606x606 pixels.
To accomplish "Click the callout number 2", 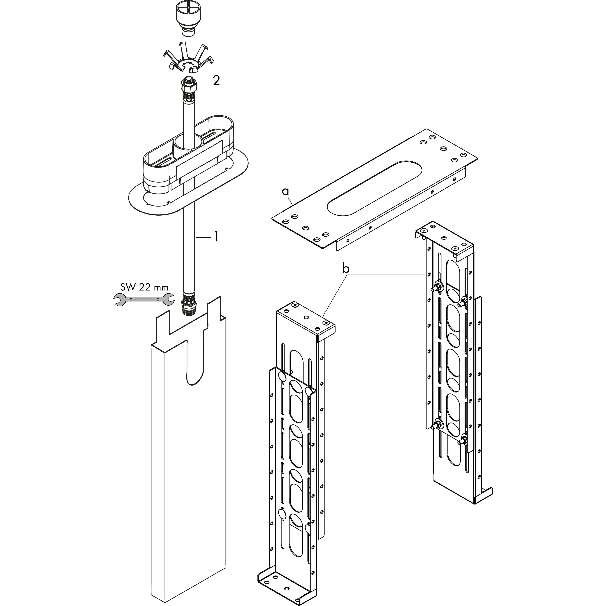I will (216, 81).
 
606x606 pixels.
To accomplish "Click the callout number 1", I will (216, 237).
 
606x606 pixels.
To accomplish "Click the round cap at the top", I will (188, 17).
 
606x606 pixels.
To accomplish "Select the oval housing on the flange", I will (188, 154).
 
